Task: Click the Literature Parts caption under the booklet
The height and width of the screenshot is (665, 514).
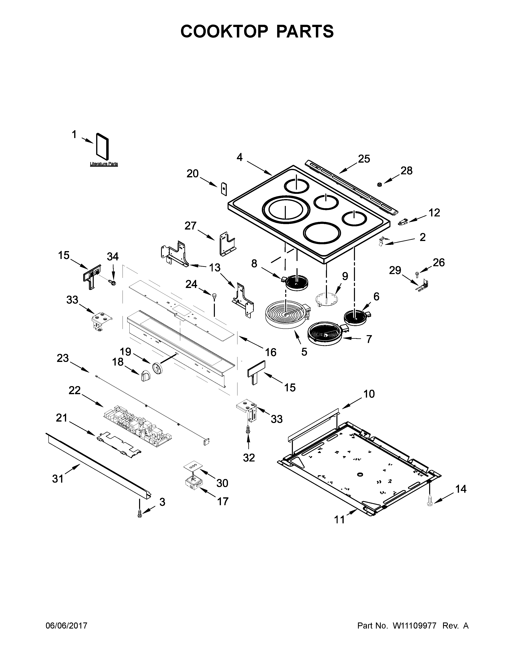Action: [x=104, y=164]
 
